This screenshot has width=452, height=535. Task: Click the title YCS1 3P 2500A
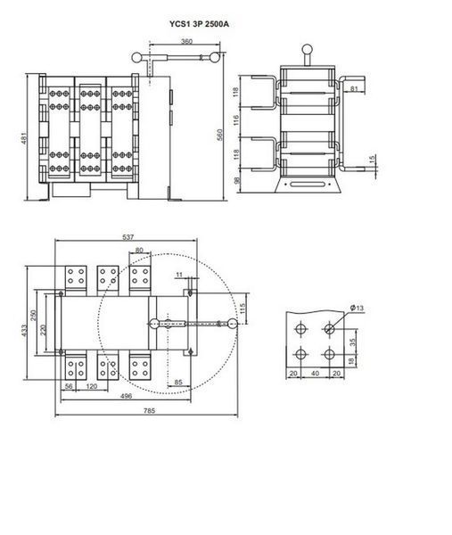coord(199,24)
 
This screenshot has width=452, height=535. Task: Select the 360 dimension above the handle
coord(186,41)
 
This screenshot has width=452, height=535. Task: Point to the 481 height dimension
coord(24,138)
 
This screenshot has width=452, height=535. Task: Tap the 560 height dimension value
coord(219,135)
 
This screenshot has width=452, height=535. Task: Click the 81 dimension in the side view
coord(354,88)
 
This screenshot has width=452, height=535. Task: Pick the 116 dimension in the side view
coord(236,120)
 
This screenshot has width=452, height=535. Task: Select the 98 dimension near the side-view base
coord(237,180)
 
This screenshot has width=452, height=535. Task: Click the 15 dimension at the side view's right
coord(372,159)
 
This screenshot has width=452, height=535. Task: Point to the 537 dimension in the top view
coord(128,237)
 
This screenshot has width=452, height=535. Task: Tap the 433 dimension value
coord(24,330)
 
